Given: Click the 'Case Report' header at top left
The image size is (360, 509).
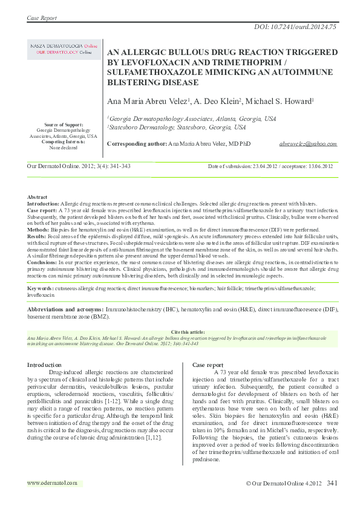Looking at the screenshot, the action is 42,18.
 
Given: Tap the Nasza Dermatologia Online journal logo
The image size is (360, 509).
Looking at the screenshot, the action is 64,49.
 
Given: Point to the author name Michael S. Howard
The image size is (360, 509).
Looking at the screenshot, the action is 283,101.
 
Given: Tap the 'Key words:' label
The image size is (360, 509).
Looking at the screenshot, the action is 41,290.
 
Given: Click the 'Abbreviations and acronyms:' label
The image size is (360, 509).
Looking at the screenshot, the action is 65,309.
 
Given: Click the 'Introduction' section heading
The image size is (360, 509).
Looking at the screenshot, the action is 45,365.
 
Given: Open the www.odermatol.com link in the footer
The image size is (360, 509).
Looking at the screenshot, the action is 53,483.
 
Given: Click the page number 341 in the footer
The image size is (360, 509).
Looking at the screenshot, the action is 332,483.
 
